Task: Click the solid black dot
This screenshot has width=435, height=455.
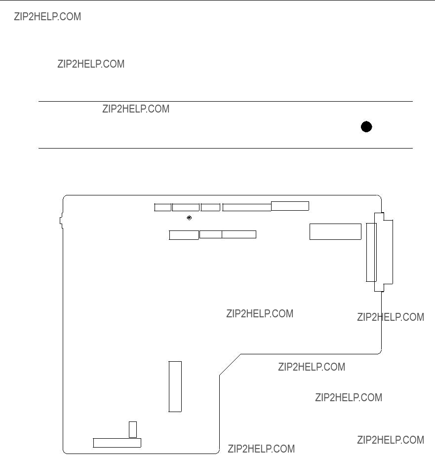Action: [x=366, y=127]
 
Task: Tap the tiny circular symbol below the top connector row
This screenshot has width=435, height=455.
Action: [x=189, y=218]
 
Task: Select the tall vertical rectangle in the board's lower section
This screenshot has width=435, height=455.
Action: [x=175, y=386]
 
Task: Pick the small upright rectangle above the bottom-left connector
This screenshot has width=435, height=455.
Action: [x=133, y=429]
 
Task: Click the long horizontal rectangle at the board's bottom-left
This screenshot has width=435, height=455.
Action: [x=117, y=443]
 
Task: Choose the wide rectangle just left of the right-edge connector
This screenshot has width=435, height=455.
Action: [x=335, y=231]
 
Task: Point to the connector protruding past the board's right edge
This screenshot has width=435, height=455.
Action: [x=384, y=252]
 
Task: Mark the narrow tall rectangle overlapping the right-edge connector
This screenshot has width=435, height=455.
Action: [x=371, y=252]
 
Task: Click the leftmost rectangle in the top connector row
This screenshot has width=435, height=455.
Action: [x=162, y=207]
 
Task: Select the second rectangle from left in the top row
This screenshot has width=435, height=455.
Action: [x=186, y=207]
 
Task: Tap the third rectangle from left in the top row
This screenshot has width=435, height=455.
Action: [x=210, y=207]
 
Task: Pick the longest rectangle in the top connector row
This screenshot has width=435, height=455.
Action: [x=247, y=207]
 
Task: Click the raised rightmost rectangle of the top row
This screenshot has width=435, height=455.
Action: [x=290, y=206]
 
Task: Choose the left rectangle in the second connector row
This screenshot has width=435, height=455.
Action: [x=184, y=235]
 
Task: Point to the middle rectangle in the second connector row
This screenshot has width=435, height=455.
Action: [x=210, y=234]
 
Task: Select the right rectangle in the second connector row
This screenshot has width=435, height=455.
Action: [x=239, y=234]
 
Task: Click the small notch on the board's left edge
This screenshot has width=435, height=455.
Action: [x=61, y=221]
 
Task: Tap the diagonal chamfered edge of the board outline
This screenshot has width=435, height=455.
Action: [x=230, y=365]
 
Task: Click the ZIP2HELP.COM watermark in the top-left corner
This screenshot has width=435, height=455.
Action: [x=47, y=17]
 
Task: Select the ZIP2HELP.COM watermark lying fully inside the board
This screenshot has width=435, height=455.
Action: [x=260, y=314]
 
